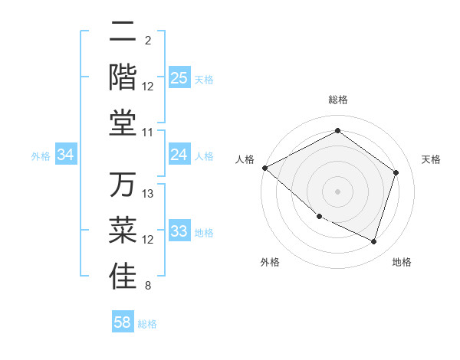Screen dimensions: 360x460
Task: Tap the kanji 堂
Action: tap(123, 121)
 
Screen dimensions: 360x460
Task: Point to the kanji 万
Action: tap(123, 185)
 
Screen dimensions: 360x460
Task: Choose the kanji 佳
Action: tap(123, 277)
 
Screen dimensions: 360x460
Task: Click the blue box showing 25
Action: tap(179, 78)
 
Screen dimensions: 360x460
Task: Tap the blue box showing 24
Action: tap(179, 155)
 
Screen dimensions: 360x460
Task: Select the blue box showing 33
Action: tap(179, 231)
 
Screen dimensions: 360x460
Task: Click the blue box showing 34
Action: tap(66, 155)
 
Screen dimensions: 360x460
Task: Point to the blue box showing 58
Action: tap(123, 322)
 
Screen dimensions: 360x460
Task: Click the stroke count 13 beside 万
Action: tap(148, 193)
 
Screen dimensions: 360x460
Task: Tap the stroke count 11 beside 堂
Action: tap(148, 133)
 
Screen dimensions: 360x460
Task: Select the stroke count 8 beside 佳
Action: tap(148, 286)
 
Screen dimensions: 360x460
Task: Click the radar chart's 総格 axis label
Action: tap(338, 100)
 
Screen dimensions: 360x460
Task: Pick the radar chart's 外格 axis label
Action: tap(270, 262)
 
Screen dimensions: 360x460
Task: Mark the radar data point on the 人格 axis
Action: tap(264, 168)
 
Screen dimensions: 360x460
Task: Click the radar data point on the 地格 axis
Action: tap(373, 242)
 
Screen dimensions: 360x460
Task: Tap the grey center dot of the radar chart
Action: tap(337, 191)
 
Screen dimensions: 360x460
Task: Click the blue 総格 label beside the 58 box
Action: tap(148, 324)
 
